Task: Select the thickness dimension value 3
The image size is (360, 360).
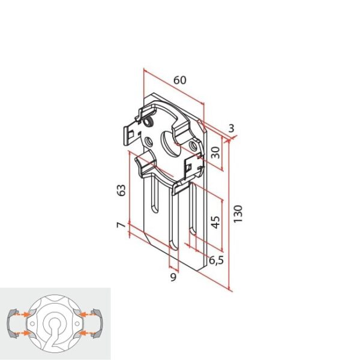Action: (232, 127)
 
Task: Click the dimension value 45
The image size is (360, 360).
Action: (215, 223)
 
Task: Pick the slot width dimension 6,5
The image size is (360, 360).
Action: (218, 260)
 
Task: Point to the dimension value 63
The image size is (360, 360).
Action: (121, 190)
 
